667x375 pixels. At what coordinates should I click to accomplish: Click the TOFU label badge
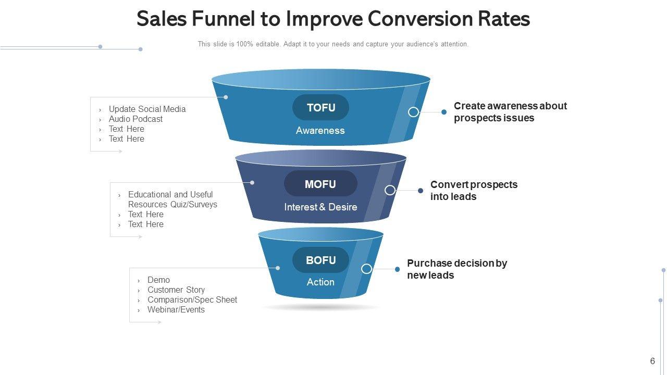click(x=320, y=108)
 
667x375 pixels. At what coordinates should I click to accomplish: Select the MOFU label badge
click(x=320, y=184)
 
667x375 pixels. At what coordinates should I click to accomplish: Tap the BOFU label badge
click(x=320, y=260)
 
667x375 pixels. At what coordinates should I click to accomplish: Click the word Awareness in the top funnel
click(x=320, y=131)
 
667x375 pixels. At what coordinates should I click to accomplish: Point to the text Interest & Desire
click(x=320, y=207)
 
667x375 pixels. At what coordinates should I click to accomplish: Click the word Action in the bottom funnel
click(x=320, y=282)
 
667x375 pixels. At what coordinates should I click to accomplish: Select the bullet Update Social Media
click(x=147, y=109)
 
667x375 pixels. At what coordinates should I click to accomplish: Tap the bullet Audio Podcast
click(x=135, y=119)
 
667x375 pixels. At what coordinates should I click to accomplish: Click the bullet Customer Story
click(x=176, y=290)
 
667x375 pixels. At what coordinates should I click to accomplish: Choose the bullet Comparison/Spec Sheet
click(x=192, y=300)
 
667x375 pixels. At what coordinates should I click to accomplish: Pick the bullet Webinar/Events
click(x=176, y=310)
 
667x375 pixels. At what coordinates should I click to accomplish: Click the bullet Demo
click(x=158, y=280)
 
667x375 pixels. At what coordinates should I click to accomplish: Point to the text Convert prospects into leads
click(x=474, y=191)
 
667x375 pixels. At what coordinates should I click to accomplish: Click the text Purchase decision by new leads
click(x=457, y=269)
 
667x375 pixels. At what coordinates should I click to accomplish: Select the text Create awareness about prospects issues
click(x=510, y=112)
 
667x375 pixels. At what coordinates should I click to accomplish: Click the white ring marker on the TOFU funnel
click(x=413, y=112)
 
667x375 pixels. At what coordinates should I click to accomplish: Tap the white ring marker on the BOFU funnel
click(x=366, y=269)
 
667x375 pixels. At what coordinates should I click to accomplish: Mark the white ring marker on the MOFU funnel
click(x=390, y=190)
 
